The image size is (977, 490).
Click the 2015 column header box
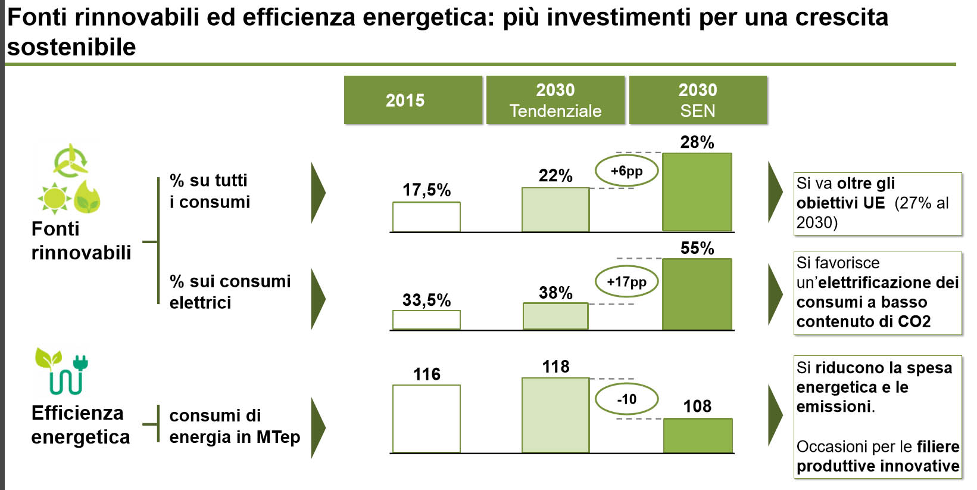(413, 100)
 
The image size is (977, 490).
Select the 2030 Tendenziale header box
(555, 100)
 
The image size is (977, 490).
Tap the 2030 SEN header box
(698, 100)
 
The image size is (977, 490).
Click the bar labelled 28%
(697, 192)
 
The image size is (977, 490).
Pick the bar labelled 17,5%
(426, 216)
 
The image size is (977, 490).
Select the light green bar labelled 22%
(555, 210)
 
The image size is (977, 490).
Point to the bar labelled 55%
(697, 294)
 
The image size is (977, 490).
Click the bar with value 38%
(555, 316)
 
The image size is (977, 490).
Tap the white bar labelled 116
(426, 419)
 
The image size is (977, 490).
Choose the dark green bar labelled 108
(698, 435)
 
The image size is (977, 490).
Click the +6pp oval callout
(627, 170)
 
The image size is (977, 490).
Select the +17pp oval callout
(627, 282)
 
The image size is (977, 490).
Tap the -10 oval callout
(627, 399)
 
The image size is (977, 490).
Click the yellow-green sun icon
(55, 198)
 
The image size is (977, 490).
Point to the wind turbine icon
(70, 161)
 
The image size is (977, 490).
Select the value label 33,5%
(426, 300)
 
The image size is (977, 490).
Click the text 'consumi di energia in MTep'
(235, 426)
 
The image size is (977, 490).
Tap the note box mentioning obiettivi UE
(878, 203)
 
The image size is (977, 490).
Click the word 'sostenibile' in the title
(71, 46)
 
